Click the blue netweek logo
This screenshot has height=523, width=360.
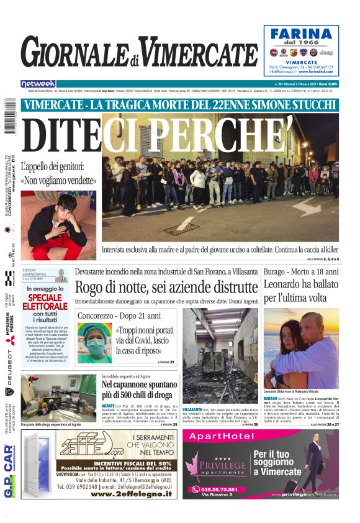[38, 84]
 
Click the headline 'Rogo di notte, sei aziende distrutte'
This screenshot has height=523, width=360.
[166, 288]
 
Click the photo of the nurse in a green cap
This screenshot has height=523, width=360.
[94, 343]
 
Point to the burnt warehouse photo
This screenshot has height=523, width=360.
[220, 355]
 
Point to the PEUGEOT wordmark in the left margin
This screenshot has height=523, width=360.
[9, 362]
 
